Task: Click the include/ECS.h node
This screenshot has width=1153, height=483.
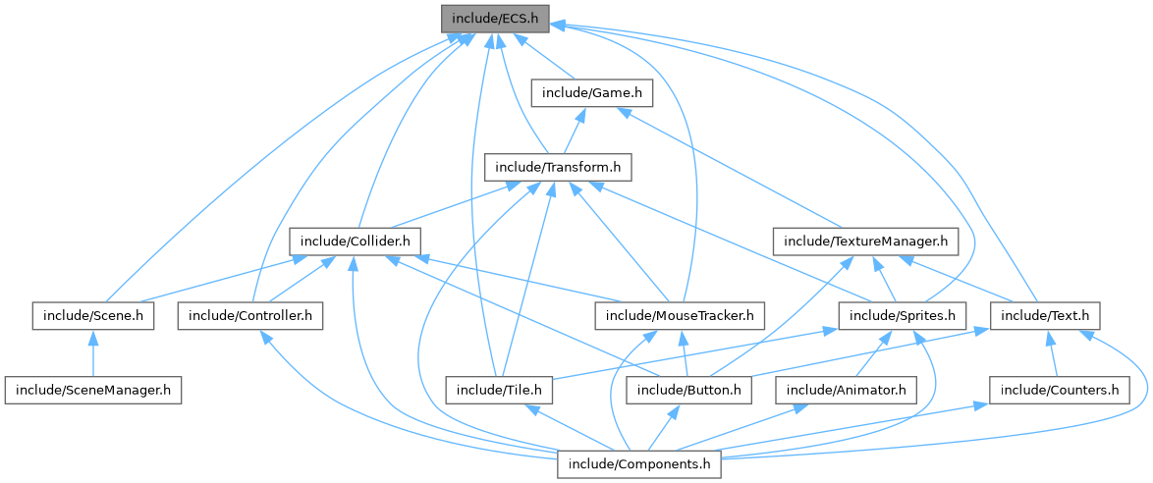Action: point(494,19)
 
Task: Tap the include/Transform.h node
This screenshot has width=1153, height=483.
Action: point(557,167)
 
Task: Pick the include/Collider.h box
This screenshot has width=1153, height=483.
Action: point(356,241)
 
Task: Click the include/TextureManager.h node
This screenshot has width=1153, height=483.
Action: point(865,241)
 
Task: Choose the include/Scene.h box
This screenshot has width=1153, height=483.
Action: point(92,315)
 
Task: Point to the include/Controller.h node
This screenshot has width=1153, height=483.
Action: point(250,315)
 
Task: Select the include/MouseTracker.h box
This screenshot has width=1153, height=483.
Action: point(679,315)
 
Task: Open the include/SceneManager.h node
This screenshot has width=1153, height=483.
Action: point(92,390)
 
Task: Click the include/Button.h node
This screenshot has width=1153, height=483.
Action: point(689,390)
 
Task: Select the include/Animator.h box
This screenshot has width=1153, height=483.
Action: point(847,390)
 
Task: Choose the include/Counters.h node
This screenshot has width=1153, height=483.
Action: point(1059,390)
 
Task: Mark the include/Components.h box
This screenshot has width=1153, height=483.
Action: point(639,463)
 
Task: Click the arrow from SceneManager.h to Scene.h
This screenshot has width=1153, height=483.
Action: point(92,353)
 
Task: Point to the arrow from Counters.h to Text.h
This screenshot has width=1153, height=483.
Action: point(1052,353)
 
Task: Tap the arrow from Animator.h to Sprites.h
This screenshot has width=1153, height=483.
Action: point(875,353)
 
